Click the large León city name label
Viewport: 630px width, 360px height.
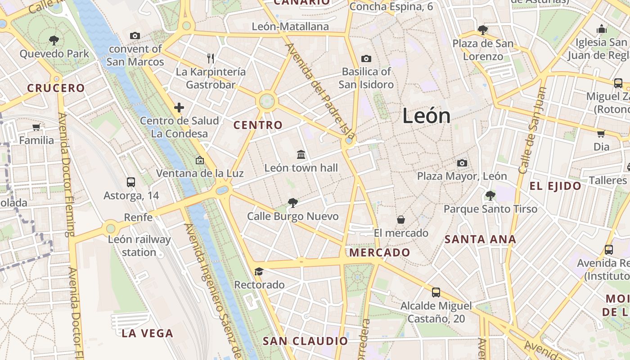pos(426,116)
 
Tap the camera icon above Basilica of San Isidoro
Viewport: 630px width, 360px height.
pos(366,58)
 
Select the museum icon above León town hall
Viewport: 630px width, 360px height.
pos(301,155)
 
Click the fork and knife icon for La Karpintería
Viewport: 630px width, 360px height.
pos(210,58)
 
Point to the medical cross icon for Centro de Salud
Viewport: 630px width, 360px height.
pos(179,108)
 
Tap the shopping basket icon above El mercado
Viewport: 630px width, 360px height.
pos(400,220)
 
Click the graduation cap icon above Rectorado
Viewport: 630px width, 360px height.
pos(259,271)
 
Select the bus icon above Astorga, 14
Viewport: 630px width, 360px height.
pos(131,182)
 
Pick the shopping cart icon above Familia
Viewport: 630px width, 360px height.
pos(36,127)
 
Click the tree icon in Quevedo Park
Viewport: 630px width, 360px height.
pos(54,40)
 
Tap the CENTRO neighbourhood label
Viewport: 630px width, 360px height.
pos(258,125)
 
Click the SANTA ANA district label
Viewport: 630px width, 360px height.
pos(480,239)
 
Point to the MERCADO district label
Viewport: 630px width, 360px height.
pos(380,252)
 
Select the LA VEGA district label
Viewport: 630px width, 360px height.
pos(147,333)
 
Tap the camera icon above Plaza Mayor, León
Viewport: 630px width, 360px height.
pos(462,163)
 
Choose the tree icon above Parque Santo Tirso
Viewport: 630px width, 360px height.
pos(490,196)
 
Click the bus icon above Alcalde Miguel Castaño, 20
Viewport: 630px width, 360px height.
pos(436,292)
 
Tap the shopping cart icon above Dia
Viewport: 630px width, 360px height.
pos(601,134)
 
